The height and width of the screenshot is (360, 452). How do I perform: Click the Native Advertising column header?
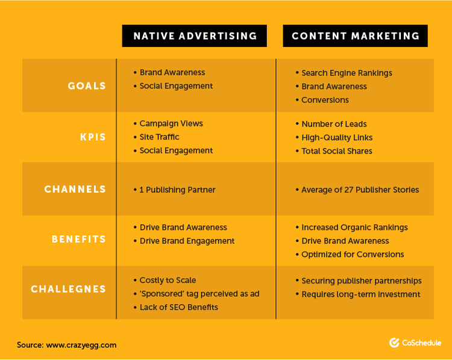point(195,36)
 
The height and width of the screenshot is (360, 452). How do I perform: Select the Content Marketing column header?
point(356,36)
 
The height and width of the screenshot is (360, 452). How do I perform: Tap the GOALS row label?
point(87,85)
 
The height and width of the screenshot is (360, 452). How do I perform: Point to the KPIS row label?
point(93,137)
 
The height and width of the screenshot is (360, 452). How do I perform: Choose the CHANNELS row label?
point(75,189)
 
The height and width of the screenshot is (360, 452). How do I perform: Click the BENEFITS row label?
point(78,239)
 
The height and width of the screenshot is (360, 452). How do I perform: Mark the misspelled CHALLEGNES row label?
point(68,289)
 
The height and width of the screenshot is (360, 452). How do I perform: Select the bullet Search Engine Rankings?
point(347,73)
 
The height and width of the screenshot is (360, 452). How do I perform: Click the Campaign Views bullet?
point(171,123)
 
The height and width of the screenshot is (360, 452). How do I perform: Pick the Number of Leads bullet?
point(334,124)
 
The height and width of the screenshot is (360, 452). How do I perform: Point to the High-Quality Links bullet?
point(337,137)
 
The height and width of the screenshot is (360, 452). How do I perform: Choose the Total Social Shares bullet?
point(337,151)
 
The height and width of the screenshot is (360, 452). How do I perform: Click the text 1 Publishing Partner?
point(177,190)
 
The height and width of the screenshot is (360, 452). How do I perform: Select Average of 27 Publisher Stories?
point(360,190)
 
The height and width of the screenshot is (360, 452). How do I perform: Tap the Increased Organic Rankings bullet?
point(354,228)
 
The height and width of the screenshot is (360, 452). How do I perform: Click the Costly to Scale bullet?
point(168,280)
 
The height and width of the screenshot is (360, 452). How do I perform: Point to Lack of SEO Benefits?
point(178,307)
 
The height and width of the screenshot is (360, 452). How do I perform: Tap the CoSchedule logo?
point(415,343)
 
